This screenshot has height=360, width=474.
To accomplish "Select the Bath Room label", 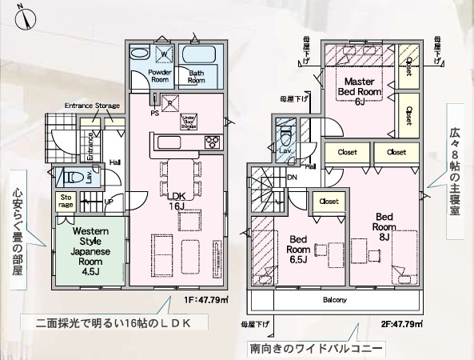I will tap(196, 76).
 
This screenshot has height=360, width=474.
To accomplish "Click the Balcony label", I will tap(334, 300).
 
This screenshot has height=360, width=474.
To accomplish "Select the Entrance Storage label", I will tap(92, 106).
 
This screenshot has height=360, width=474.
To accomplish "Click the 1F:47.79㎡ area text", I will tap(207, 300).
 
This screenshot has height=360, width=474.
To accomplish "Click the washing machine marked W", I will tap(163, 54).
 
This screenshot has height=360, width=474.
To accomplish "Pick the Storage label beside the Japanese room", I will tap(66, 202).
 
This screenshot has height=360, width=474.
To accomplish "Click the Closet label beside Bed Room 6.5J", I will tap(329, 201).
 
